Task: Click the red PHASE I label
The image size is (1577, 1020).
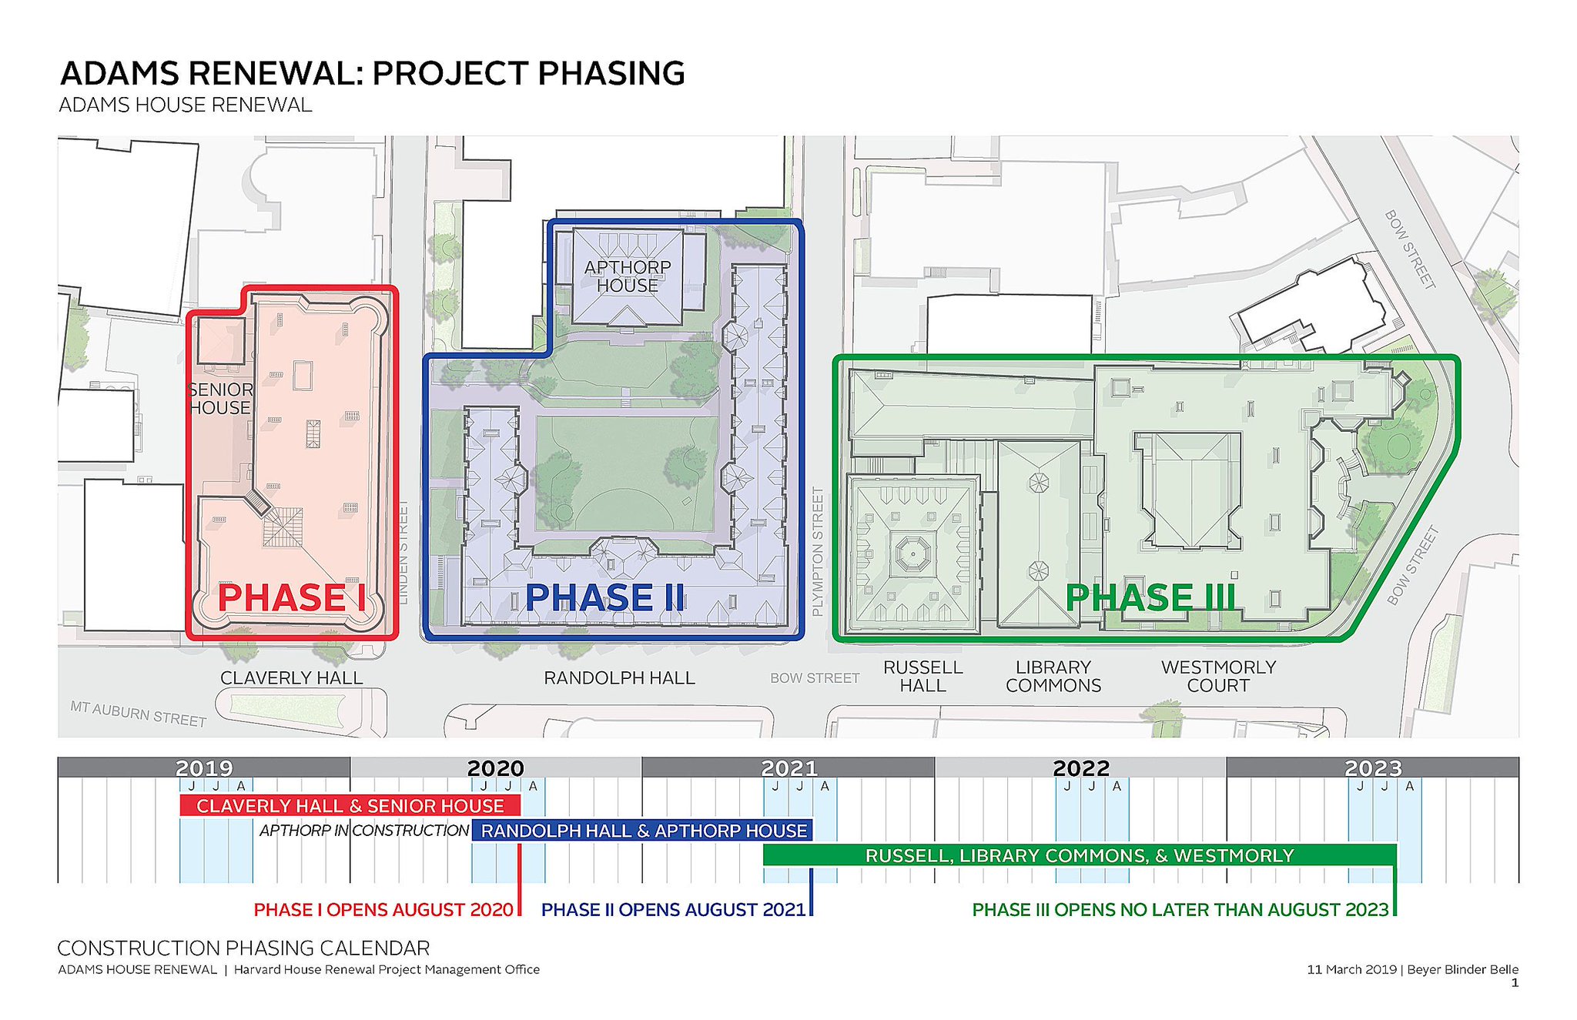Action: pos(291,598)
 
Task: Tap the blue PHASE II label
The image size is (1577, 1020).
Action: pos(604,598)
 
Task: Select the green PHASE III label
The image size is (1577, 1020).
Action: pos(1150,598)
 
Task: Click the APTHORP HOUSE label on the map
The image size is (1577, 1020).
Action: pos(628,276)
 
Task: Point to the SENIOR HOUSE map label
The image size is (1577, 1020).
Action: pos(221,399)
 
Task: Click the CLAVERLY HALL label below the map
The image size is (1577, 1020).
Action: pos(291,678)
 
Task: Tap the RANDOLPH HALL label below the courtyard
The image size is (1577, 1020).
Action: pos(619,678)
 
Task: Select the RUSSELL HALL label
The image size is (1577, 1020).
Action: pos(922,677)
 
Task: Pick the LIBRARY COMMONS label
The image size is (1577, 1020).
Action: pos(1053,677)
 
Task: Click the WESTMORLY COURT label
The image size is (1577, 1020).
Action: pos(1218,677)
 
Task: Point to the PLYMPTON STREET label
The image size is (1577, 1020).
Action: pos(818,551)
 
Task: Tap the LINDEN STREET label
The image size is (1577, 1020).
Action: pos(402,552)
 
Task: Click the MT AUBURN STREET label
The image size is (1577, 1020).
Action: pos(139,714)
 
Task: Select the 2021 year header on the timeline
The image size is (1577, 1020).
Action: pos(788,768)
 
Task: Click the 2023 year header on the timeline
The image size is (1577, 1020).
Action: pos(1372,768)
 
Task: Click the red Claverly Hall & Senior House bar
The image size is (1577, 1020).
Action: pos(350,806)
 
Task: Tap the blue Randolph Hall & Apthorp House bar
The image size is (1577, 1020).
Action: pos(644,831)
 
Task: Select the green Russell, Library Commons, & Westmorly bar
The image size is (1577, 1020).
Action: pos(1079,855)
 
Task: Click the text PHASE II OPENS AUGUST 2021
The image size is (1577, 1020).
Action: pos(673,910)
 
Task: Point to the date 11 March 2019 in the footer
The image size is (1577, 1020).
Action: pos(1351,969)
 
